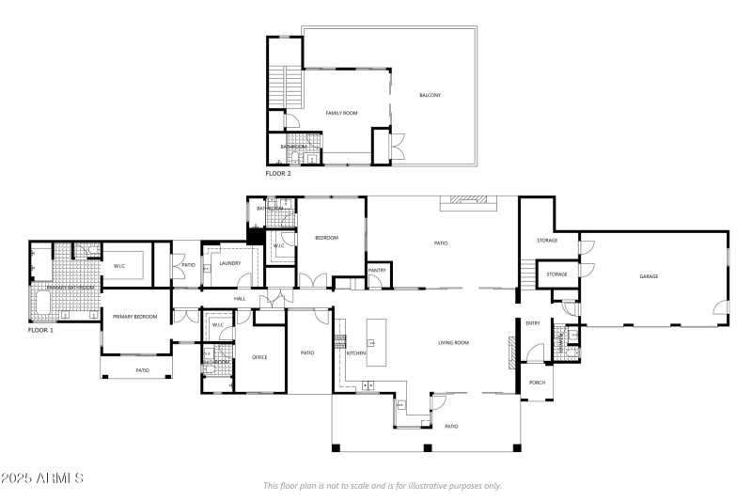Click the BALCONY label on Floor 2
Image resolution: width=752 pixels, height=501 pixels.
pyautogui.click(x=430, y=96)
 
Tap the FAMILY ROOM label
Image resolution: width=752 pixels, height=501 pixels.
pyautogui.click(x=341, y=113)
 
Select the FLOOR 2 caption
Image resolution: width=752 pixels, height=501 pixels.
pyautogui.click(x=278, y=174)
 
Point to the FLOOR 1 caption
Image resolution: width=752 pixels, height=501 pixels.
pyautogui.click(x=40, y=331)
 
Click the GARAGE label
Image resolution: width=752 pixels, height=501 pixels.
pyautogui.click(x=649, y=276)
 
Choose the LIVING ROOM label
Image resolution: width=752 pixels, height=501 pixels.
pyautogui.click(x=453, y=343)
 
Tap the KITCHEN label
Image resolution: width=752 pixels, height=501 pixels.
pyautogui.click(x=356, y=352)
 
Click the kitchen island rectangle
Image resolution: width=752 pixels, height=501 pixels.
pyautogui.click(x=377, y=342)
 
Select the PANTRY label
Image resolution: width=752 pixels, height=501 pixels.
pyautogui.click(x=377, y=271)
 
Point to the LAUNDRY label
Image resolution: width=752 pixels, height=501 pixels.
pyautogui.click(x=229, y=263)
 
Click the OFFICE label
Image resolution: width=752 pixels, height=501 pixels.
pyautogui.click(x=260, y=357)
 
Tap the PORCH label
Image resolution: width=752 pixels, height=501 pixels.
pyautogui.click(x=538, y=383)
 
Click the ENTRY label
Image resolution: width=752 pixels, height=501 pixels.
pyautogui.click(x=533, y=323)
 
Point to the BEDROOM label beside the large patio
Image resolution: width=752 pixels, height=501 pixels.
pyautogui.click(x=326, y=238)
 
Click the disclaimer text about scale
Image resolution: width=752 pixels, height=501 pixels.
pyautogui.click(x=383, y=486)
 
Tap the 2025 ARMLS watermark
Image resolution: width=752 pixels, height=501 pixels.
pyautogui.click(x=43, y=478)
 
